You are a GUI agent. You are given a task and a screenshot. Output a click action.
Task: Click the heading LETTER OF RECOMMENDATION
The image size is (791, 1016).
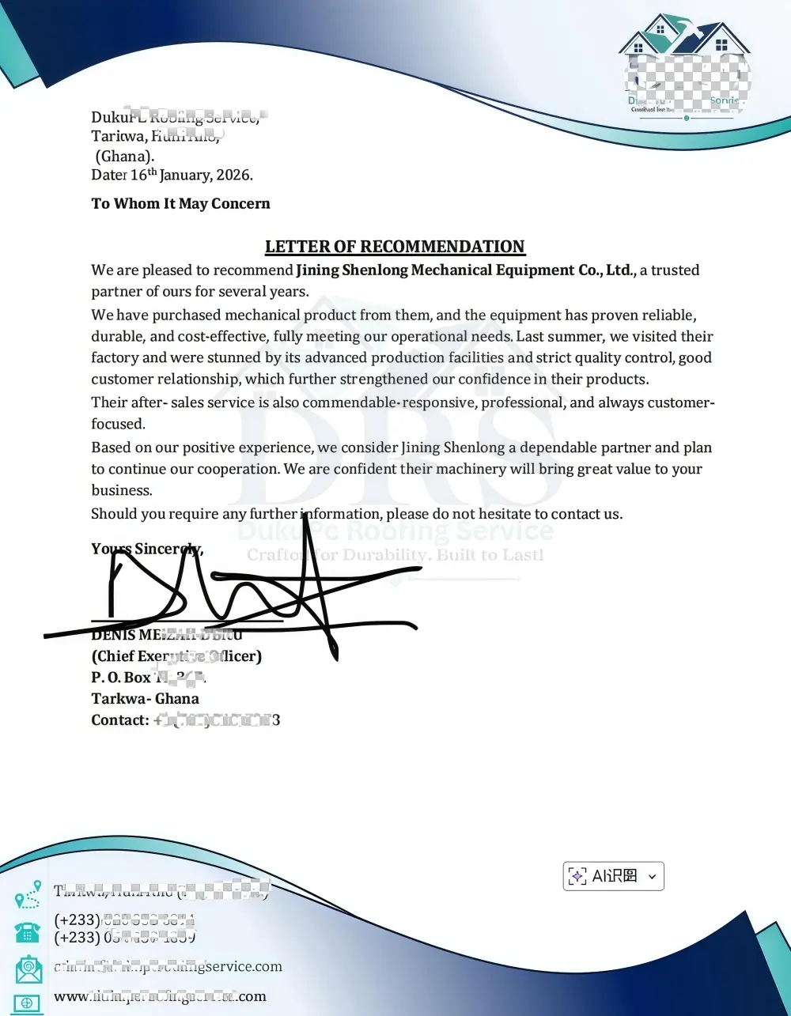click(x=395, y=247)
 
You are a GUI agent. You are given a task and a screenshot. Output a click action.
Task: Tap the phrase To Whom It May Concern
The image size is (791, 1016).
click(x=180, y=204)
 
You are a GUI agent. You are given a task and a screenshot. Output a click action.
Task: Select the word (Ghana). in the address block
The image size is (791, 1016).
click(x=124, y=157)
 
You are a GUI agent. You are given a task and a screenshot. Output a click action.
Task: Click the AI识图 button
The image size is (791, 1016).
click(x=606, y=876)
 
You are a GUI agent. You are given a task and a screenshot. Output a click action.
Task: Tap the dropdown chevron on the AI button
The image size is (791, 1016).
click(x=652, y=876)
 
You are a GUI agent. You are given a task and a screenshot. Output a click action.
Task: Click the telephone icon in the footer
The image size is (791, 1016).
click(x=28, y=931)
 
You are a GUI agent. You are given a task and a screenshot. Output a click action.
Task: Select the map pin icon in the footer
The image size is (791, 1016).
click(x=28, y=895)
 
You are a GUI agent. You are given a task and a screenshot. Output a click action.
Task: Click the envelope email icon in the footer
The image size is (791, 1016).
click(x=28, y=969)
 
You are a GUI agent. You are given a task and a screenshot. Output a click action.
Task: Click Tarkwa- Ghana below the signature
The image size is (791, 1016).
click(x=145, y=699)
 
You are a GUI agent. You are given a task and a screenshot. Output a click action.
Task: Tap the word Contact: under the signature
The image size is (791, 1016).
click(x=120, y=720)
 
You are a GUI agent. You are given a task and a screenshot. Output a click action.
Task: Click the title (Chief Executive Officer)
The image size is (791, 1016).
click(x=176, y=656)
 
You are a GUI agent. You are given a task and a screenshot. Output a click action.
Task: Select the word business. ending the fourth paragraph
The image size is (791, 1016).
click(x=121, y=491)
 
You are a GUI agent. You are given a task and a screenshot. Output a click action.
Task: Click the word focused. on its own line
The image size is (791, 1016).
click(x=118, y=425)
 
